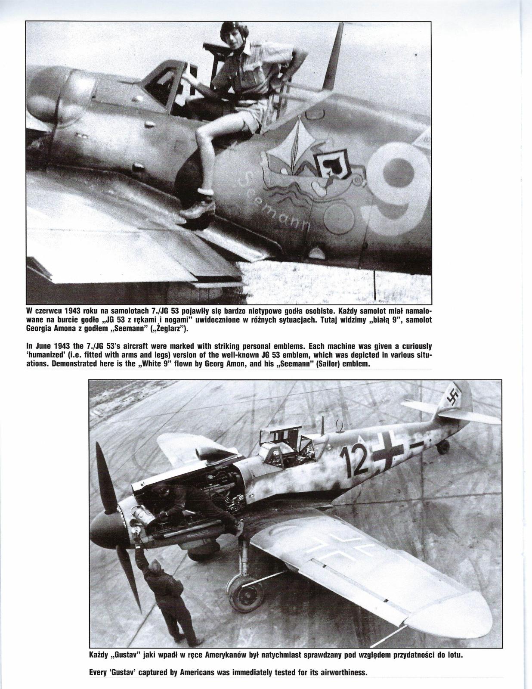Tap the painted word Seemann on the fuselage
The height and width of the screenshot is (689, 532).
(275, 202)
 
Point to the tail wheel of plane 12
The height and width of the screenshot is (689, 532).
(443, 448)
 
